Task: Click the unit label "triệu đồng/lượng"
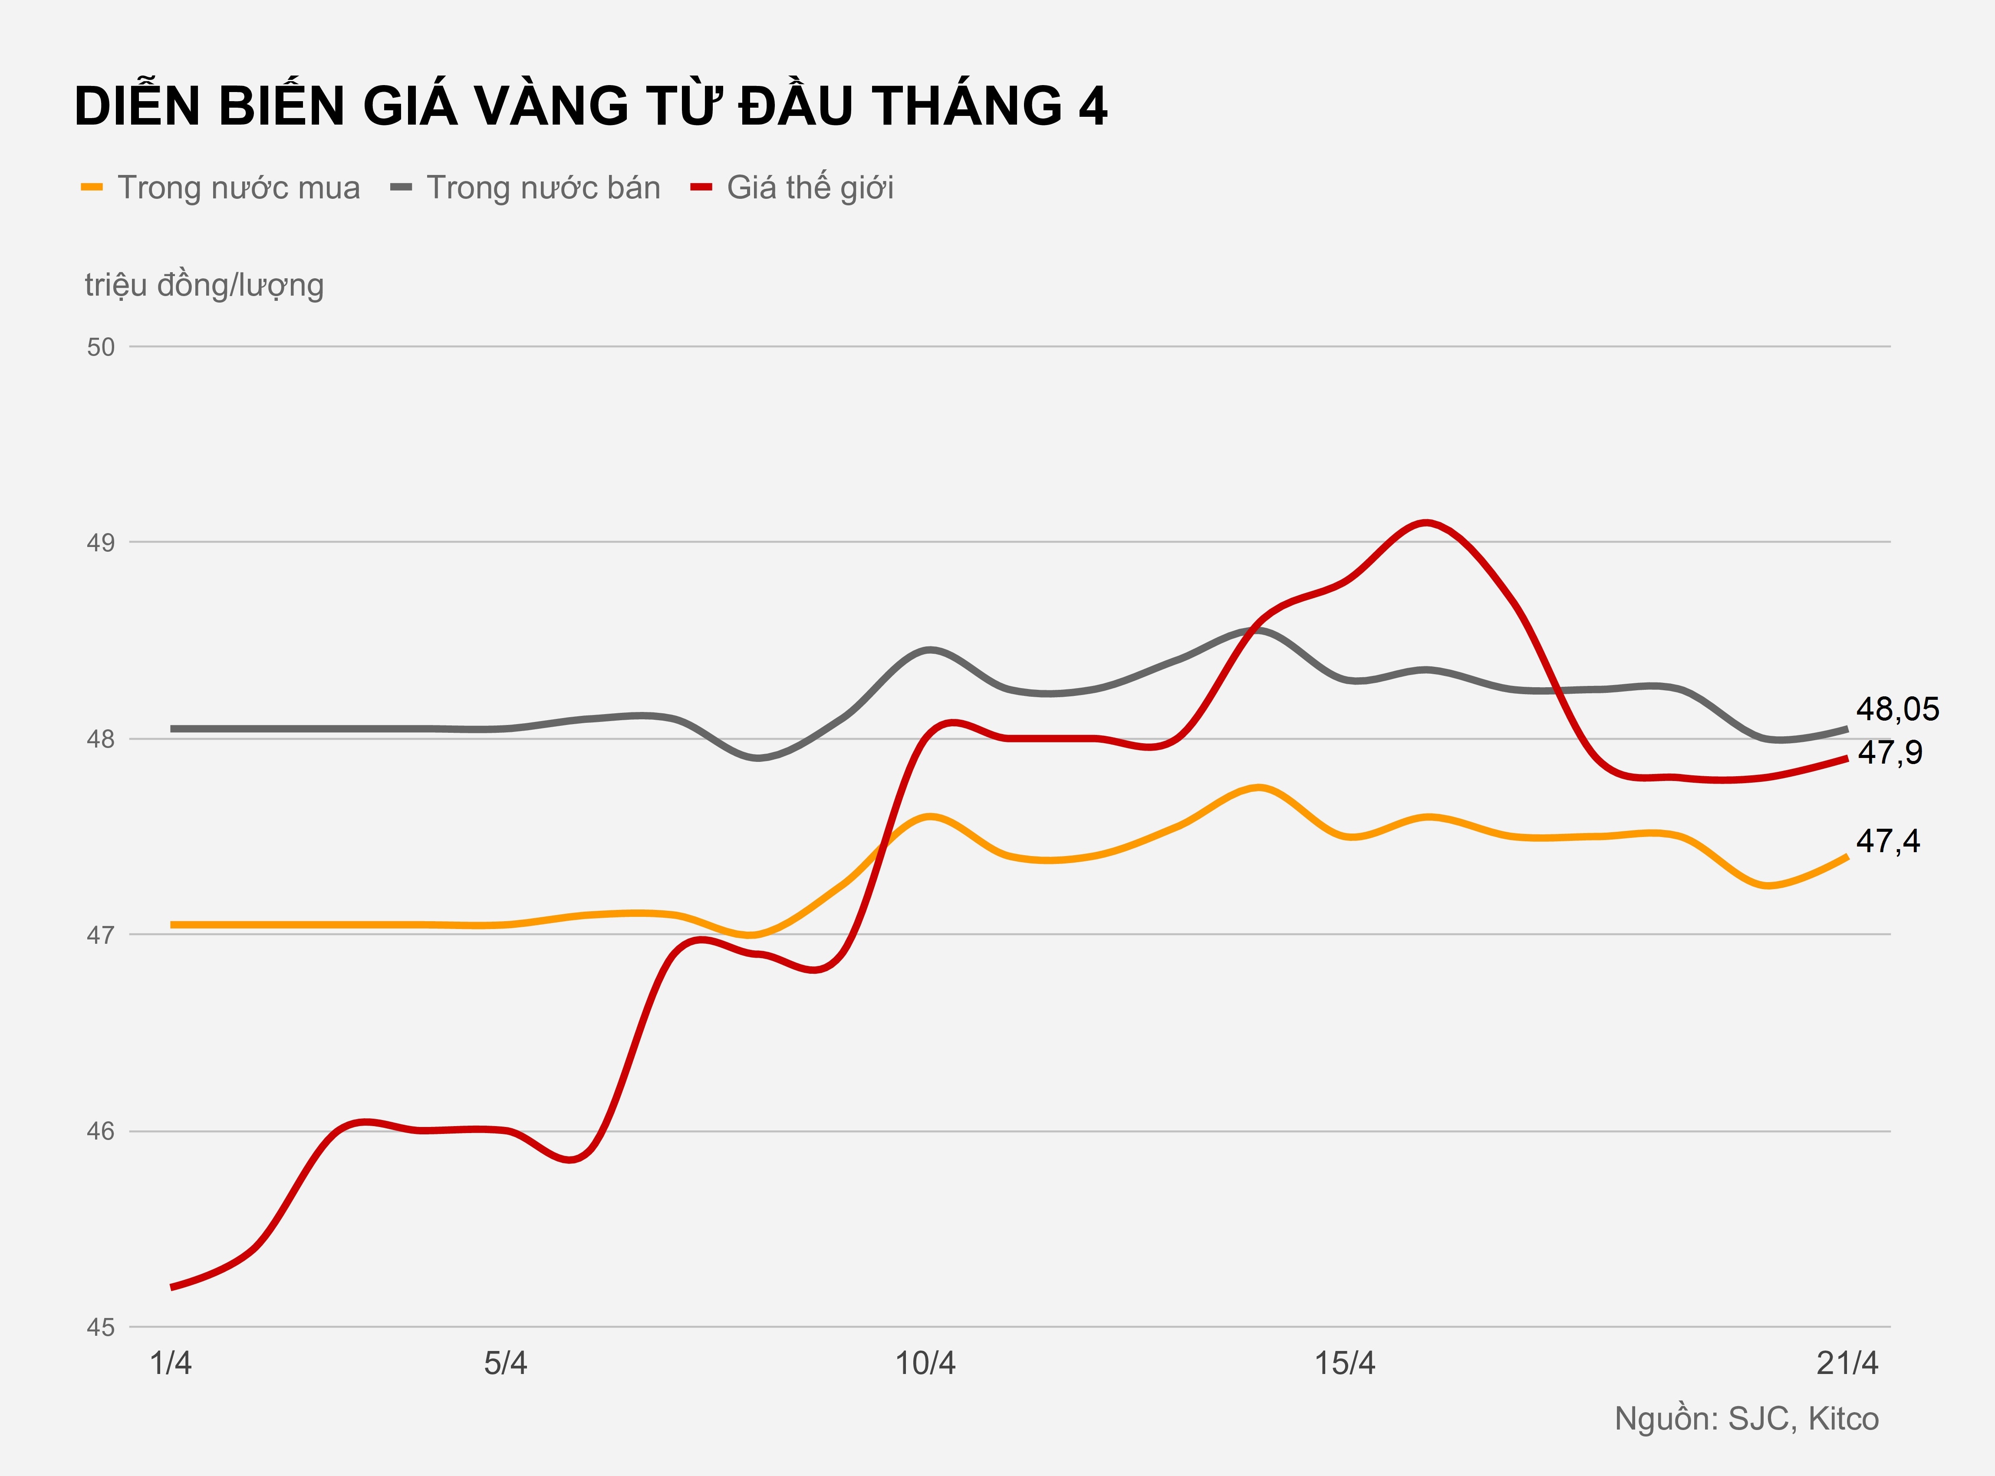click(204, 285)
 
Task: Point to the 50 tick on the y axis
click(101, 347)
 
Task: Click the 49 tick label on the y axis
click(101, 542)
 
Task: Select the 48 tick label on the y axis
click(101, 739)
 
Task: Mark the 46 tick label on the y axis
click(101, 1131)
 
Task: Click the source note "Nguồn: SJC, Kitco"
click(1747, 1419)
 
